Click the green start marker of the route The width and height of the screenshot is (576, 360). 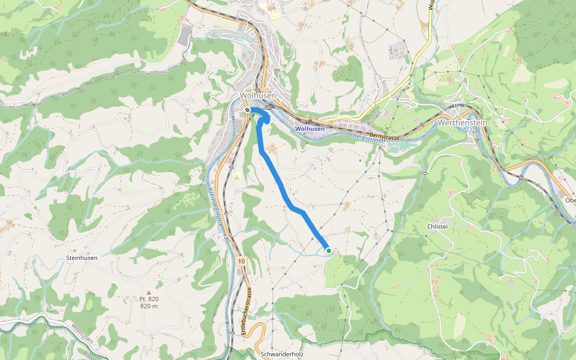pos(328,251)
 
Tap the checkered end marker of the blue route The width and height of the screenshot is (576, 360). pos(247,110)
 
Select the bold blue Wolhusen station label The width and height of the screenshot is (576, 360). pos(310,129)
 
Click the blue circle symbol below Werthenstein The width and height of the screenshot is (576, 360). pos(470,129)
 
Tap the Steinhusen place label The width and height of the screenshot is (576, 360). pos(82,258)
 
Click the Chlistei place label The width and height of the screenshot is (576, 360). pos(439,226)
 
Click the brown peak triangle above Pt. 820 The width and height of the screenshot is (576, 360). pos(149,293)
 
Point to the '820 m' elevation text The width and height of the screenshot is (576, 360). pos(149,306)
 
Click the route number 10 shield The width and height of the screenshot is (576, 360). pos(241,261)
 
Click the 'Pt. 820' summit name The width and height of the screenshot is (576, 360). pos(149,299)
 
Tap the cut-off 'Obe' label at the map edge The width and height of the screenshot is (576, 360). pos(570,200)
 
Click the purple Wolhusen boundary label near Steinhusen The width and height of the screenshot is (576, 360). pos(81,335)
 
